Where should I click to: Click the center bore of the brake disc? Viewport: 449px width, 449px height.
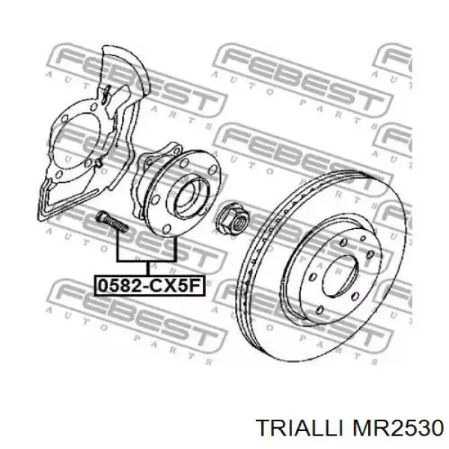click(x=346, y=272)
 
